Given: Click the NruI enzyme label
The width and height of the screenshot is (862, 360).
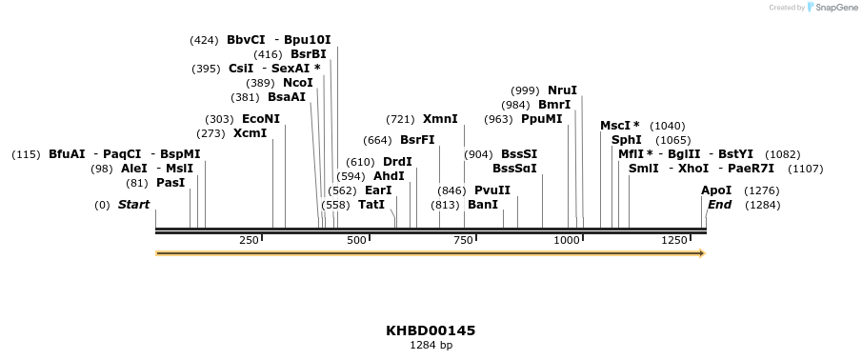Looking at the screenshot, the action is point(562,90).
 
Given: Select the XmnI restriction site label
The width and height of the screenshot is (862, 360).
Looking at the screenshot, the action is point(440,119).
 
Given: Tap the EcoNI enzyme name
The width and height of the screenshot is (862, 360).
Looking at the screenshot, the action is point(261,119).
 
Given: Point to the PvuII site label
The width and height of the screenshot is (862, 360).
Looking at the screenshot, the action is point(492,190).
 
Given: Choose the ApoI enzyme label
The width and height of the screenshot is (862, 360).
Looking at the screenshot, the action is point(716,190).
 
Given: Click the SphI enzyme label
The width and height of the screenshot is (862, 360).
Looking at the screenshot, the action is point(626,139).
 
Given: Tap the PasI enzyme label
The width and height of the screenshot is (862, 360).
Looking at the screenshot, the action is point(170,183).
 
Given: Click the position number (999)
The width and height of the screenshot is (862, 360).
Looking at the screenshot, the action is point(525,90).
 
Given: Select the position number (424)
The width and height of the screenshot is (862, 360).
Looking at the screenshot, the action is point(205,40).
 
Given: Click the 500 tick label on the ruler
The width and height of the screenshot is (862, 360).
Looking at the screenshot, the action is point(357,241).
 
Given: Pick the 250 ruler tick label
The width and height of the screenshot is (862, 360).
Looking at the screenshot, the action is point(250,241).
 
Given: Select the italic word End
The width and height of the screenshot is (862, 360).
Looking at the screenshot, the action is point(719,205).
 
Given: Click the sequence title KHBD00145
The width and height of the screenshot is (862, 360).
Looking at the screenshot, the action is point(431,330).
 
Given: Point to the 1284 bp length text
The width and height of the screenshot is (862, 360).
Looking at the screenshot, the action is point(431,345).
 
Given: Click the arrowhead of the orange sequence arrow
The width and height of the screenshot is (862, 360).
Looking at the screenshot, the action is point(701,253).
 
